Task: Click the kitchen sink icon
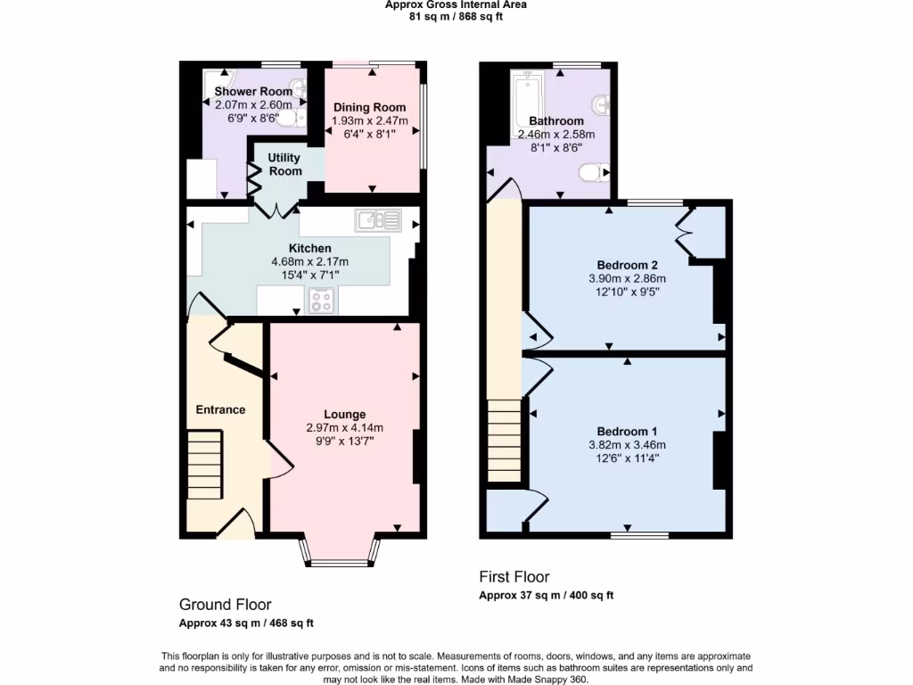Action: pos(379,220)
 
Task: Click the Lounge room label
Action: pos(344,414)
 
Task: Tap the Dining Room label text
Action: pos(369,107)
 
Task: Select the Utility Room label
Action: pos(285,164)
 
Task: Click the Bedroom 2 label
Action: pos(627,265)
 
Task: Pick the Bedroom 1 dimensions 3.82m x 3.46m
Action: pos(627,445)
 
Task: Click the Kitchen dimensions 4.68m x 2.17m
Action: pos(309,261)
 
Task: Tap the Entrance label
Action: pos(220,409)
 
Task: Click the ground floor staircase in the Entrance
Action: pos(204,465)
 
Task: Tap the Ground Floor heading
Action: pos(226,605)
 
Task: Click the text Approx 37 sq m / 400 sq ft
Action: pos(546,595)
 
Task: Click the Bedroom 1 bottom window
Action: pos(640,535)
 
